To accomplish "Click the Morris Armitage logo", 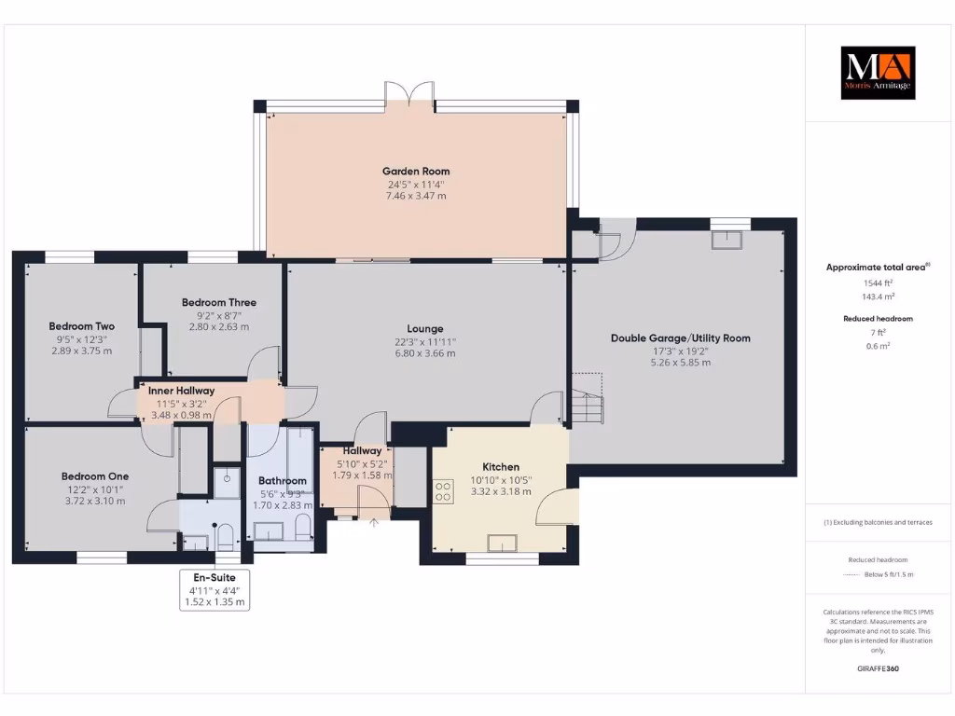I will (878, 73).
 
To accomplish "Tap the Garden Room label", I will (416, 171).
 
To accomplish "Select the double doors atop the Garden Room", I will (410, 92).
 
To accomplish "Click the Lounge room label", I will (425, 328).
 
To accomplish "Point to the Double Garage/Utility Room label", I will (680, 338).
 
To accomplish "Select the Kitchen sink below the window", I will (504, 542).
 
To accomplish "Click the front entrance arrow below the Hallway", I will (374, 523).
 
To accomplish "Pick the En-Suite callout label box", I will (215, 589).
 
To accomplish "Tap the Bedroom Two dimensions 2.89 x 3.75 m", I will (81, 351).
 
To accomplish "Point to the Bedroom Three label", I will (219, 302).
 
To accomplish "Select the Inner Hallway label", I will (182, 391).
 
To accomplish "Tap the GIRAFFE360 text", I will (878, 668).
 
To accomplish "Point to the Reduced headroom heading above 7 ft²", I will (878, 319).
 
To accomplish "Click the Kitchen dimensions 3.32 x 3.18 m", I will (501, 491).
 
